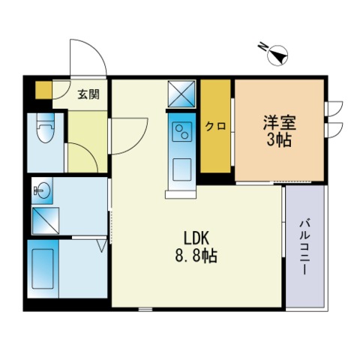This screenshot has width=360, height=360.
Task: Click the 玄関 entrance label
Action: click(88, 94)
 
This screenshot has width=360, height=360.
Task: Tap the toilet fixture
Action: click(45, 128)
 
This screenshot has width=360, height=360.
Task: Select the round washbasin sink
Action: click(43, 190)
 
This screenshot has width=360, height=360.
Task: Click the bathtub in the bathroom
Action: click(43, 269)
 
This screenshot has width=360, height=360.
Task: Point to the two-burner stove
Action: click(182, 132)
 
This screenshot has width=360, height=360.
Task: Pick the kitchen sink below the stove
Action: click(182, 169)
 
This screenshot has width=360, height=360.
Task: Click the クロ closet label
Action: click(215, 127)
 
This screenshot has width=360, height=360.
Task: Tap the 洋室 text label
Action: click(280, 122)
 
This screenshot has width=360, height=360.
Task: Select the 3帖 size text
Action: click(279, 139)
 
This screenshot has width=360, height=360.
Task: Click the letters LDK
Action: click(196, 238)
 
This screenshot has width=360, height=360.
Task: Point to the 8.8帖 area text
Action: click(196, 256)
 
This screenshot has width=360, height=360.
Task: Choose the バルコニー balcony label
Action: click(305, 246)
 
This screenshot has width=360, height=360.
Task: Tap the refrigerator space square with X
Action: click(181, 94)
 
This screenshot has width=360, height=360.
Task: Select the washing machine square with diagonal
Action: click(46, 220)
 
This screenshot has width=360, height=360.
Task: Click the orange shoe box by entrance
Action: click(43, 90)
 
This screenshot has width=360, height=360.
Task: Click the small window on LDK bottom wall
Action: click(145, 309)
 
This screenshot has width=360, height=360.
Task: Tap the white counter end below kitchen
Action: click(181, 194)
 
